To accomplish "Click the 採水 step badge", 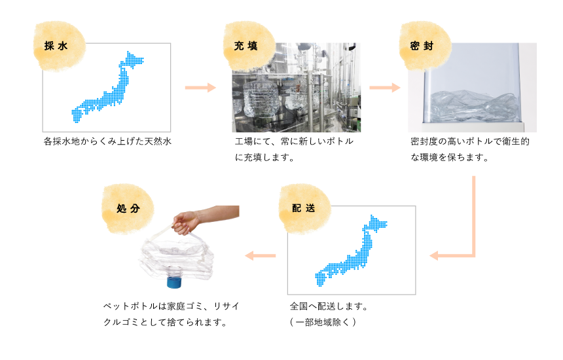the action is coord(59,46).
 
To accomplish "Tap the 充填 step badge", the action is coord(249,46).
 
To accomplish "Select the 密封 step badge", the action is coord(425,46).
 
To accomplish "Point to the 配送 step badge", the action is coord(305,209).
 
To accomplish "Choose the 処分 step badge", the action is coord(128,209).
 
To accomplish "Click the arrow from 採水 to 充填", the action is coord(200,88).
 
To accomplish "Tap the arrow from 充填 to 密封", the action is coord(384,88).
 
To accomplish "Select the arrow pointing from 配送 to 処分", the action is coord(261,256).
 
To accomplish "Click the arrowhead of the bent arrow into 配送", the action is coord(434,256).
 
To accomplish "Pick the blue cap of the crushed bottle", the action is coord(173,280).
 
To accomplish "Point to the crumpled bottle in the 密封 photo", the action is coord(475,106).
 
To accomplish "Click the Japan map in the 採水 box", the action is coord(108,87).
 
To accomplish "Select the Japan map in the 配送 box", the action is coord(351,251).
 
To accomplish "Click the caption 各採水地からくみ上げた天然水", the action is coord(107,141).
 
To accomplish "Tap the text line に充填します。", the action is coord(264,157).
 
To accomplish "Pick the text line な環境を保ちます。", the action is coord(450,157).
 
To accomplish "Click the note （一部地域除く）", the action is coord(323,322).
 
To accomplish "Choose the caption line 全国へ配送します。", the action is coord(329,306).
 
